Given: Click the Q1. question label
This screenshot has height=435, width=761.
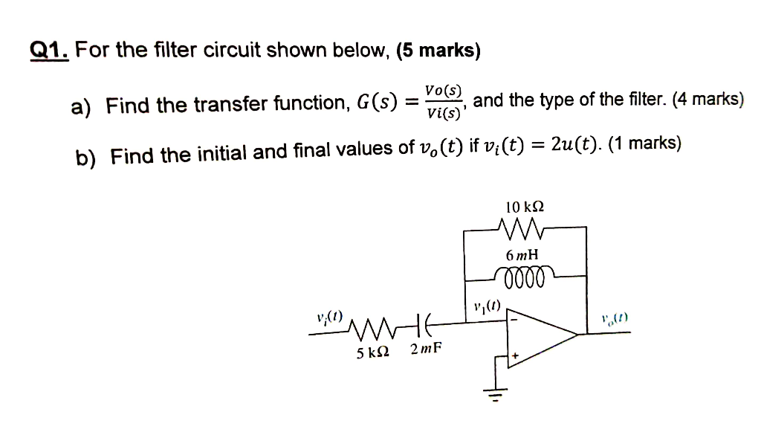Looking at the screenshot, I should (x=49, y=51).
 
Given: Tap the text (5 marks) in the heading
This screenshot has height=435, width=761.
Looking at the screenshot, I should (x=438, y=51).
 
